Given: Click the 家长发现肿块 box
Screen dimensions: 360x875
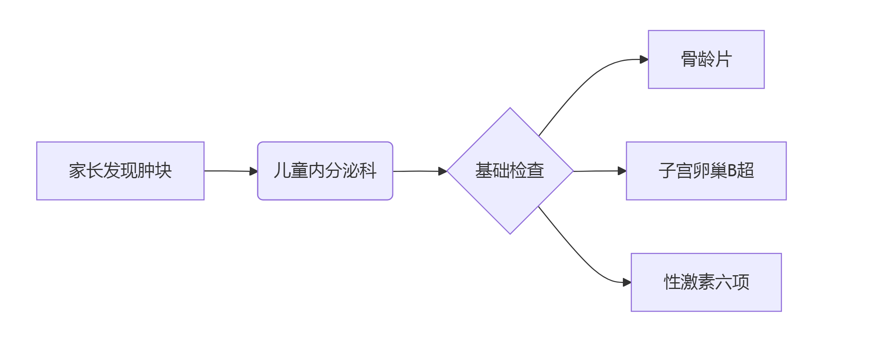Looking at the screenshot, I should coord(120,171).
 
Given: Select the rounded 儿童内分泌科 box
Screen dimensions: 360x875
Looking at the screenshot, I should coord(325,171).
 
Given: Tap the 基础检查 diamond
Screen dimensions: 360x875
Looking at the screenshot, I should coord(510,171).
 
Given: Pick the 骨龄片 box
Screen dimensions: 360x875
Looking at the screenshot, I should coord(706,59).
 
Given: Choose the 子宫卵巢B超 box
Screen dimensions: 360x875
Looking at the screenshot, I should coord(706,171).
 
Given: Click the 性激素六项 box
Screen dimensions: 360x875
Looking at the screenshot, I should coord(706,282).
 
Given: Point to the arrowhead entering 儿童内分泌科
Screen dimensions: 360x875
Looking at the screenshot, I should coord(254,171).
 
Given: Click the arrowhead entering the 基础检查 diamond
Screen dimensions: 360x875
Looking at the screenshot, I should coord(443,171).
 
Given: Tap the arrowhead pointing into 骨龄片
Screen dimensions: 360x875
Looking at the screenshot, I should coord(644,60).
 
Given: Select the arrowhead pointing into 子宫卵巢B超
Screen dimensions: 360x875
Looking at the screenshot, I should coord(622,171).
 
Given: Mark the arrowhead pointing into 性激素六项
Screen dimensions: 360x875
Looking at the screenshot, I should coord(627,282).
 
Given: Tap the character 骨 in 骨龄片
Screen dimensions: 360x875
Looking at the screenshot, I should coord(689,59).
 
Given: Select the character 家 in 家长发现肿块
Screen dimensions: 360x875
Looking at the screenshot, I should coord(77,171).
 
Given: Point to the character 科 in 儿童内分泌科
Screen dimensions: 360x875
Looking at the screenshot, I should coord(368,171).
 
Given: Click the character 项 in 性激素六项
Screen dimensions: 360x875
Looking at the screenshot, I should coord(741,282).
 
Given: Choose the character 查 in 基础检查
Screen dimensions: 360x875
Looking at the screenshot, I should coord(536,171).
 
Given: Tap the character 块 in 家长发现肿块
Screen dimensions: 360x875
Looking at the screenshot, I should coord(163,171).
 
